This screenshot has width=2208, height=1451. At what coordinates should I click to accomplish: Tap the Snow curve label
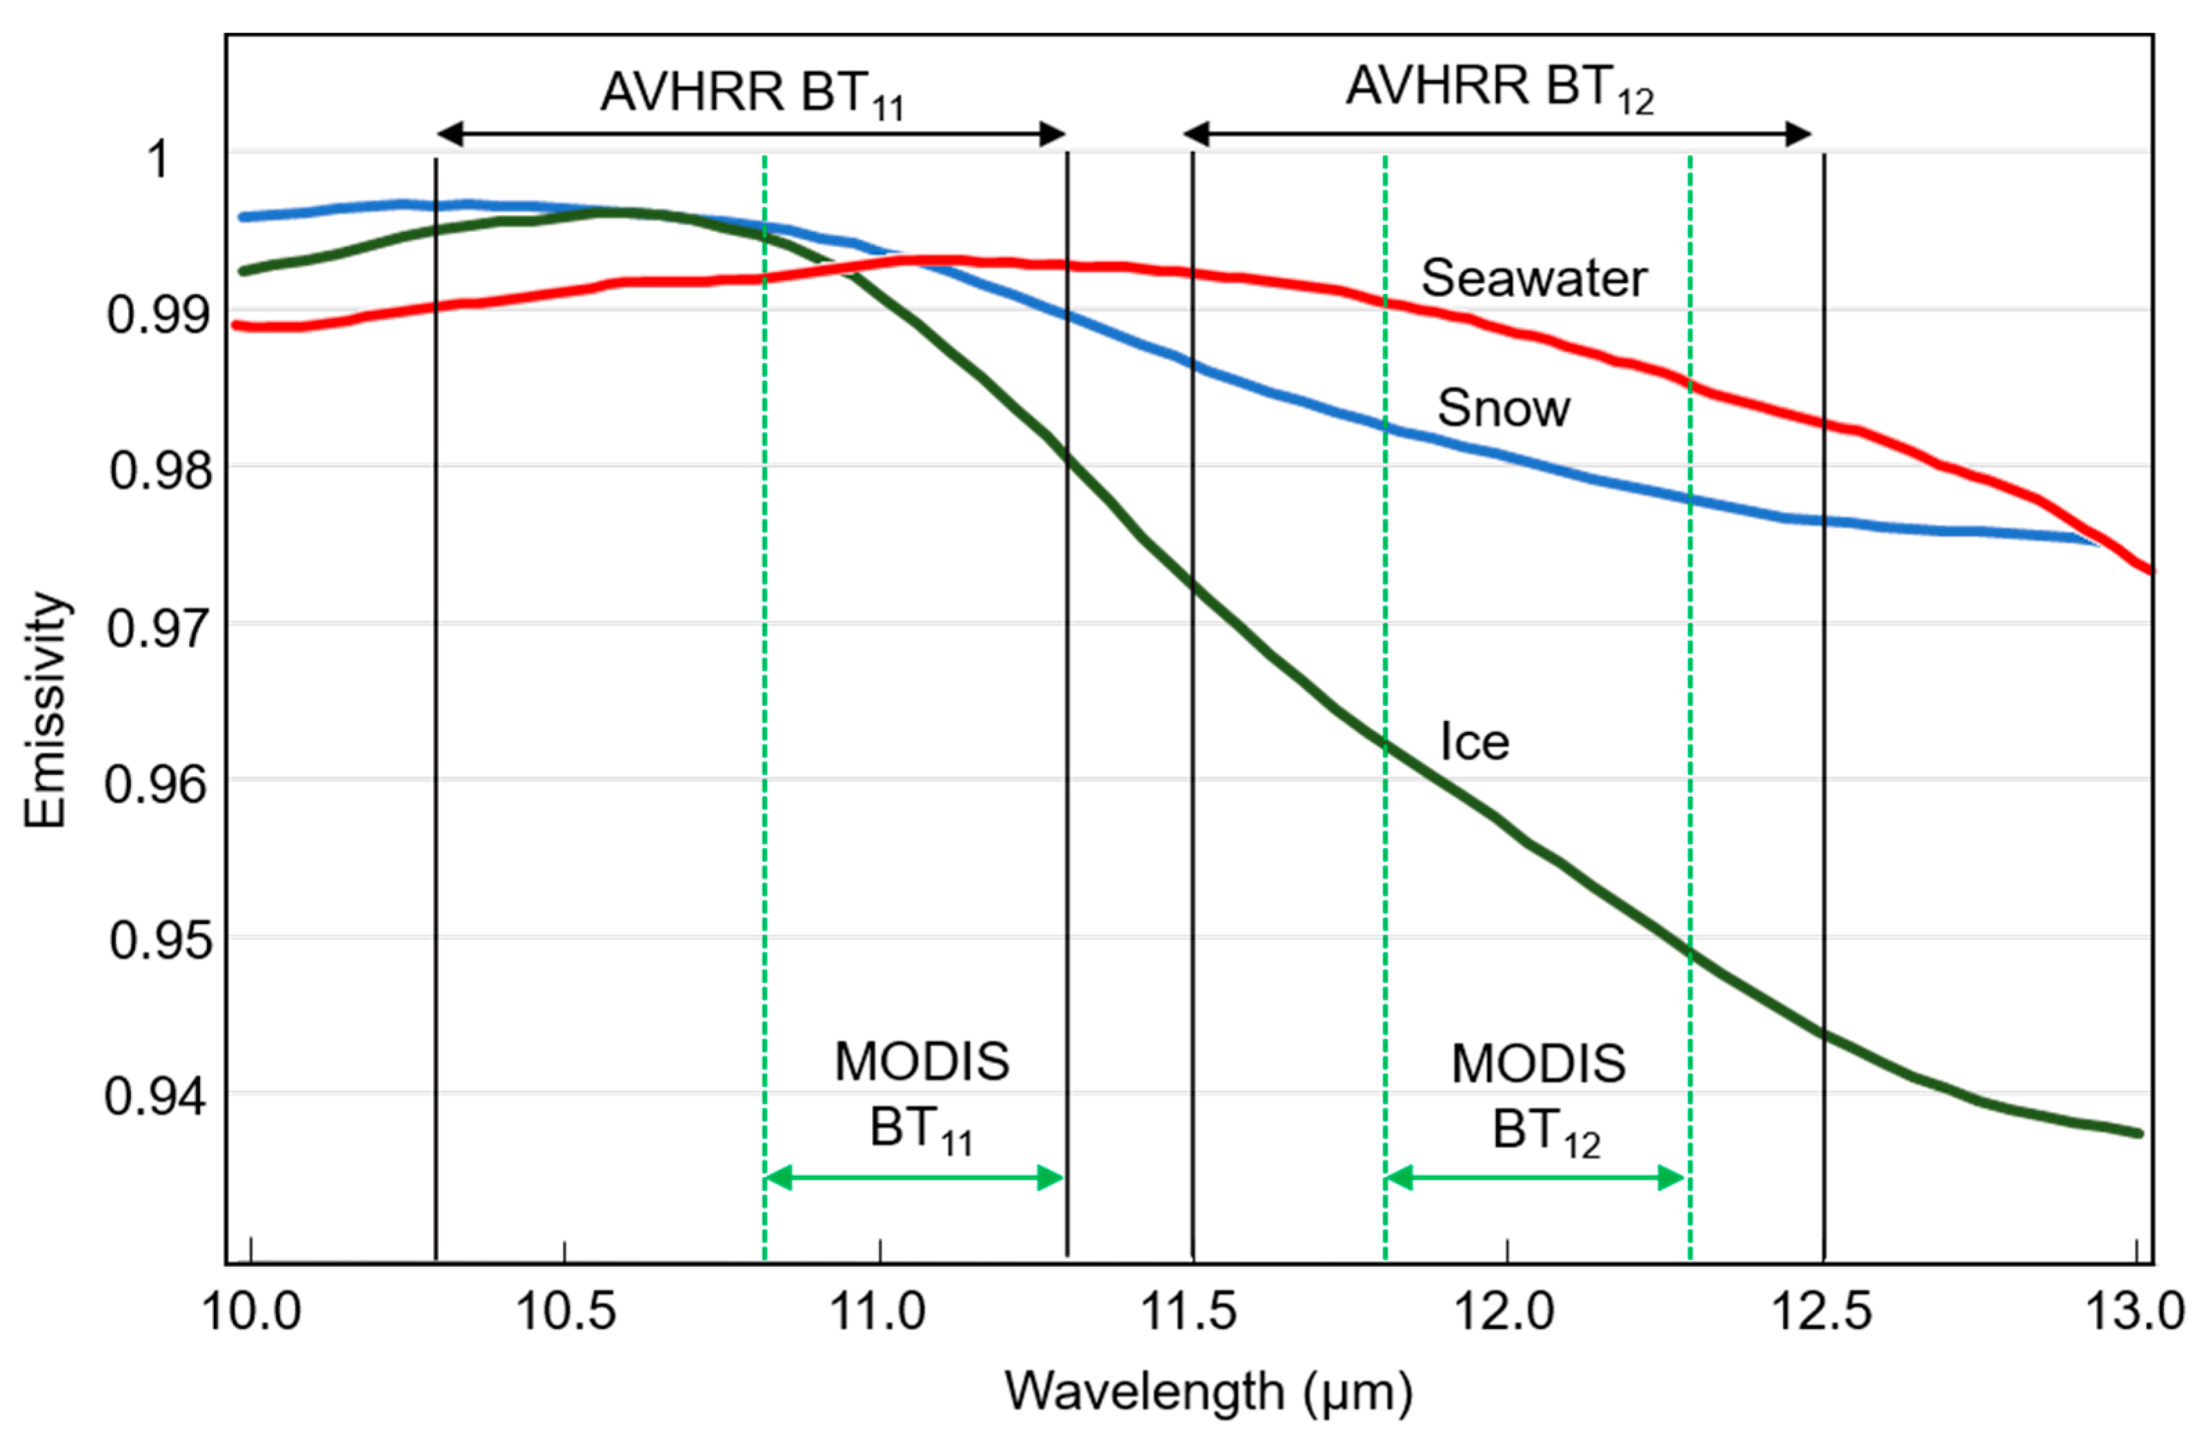(x=1503, y=408)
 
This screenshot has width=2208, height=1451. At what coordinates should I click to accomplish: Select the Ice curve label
(x=1474, y=742)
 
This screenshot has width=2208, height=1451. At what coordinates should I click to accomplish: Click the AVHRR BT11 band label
(x=751, y=94)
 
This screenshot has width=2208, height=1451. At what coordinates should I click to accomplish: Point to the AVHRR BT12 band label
(x=1499, y=88)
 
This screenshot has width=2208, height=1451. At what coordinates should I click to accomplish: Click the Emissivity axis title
(x=46, y=710)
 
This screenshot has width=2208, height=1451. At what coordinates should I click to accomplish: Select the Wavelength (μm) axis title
(x=1209, y=1392)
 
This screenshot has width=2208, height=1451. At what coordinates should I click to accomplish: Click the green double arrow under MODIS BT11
(x=914, y=1178)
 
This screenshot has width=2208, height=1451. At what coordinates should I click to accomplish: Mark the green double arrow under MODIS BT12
(x=1535, y=1178)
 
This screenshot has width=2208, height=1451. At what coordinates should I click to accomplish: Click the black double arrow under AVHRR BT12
(x=1498, y=134)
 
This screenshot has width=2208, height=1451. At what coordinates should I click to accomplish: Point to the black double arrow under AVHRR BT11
(x=750, y=134)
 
